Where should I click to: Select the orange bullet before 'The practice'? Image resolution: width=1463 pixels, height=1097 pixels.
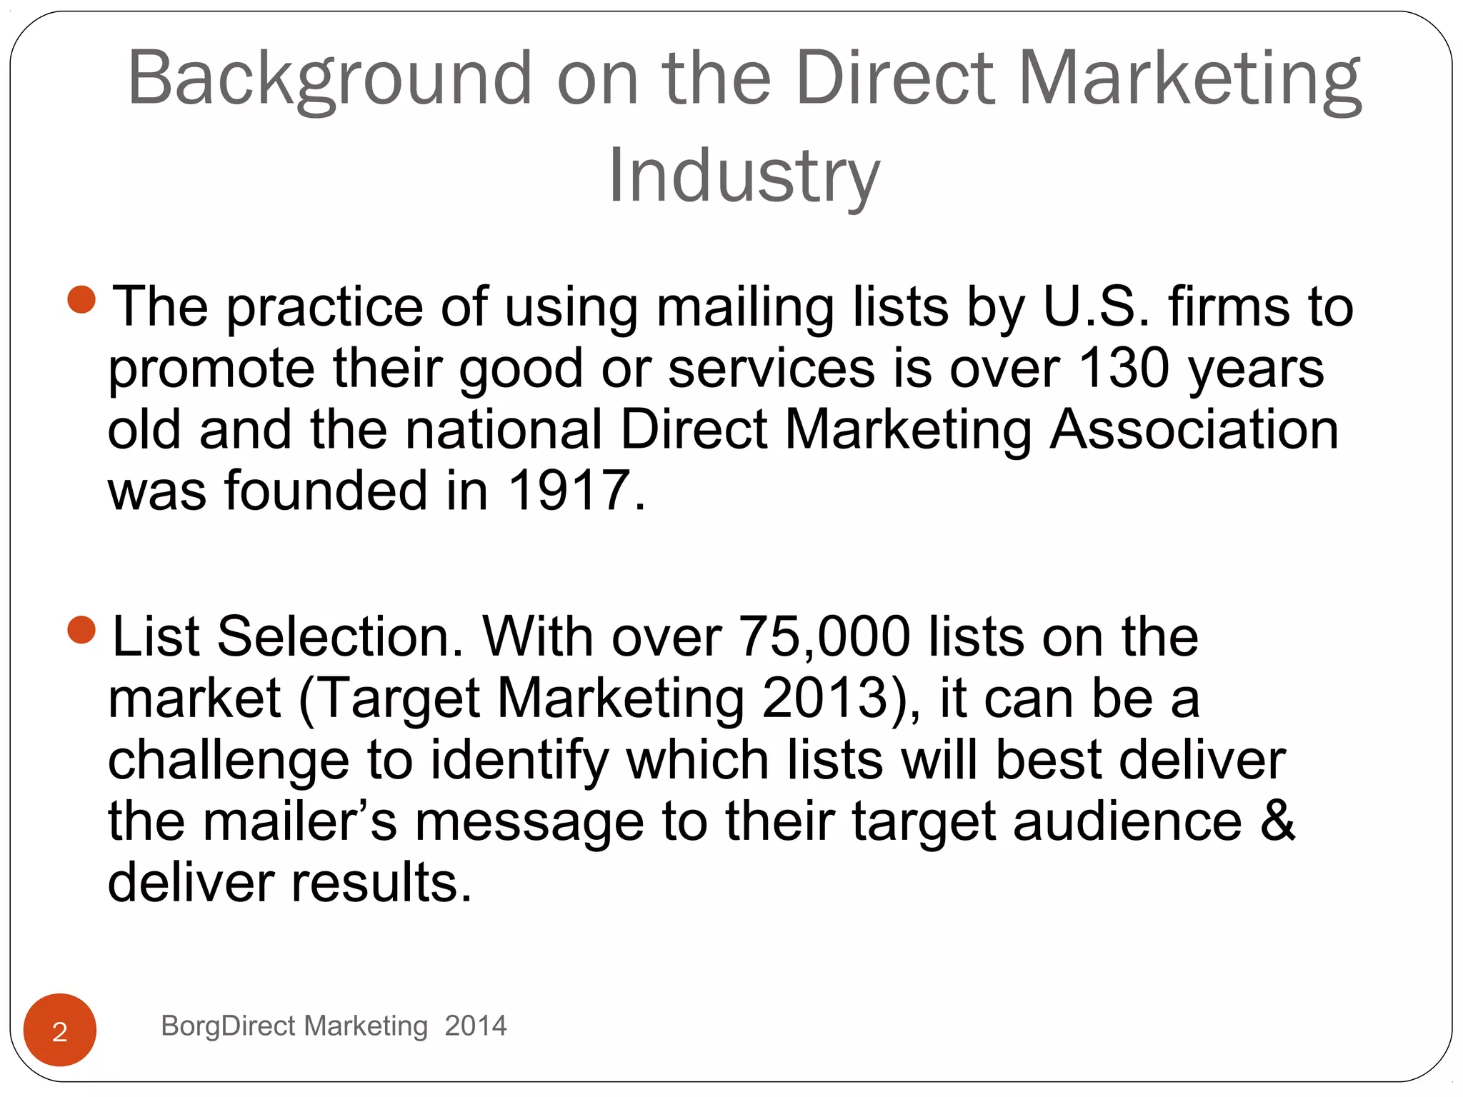tap(81, 299)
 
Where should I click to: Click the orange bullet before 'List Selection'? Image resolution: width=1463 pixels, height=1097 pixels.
tap(81, 630)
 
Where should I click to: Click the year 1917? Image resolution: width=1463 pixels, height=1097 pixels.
tap(569, 491)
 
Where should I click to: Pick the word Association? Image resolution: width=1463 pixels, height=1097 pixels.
tap(1194, 430)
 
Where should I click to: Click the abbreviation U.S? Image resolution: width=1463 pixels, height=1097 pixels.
tap(1097, 307)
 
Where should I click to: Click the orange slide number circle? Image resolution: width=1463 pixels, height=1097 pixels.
tap(60, 1030)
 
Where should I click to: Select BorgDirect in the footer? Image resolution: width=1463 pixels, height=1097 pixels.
tap(228, 1026)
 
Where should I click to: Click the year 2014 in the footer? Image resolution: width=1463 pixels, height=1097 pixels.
tap(475, 1026)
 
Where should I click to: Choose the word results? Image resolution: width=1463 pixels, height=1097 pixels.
tap(381, 883)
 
